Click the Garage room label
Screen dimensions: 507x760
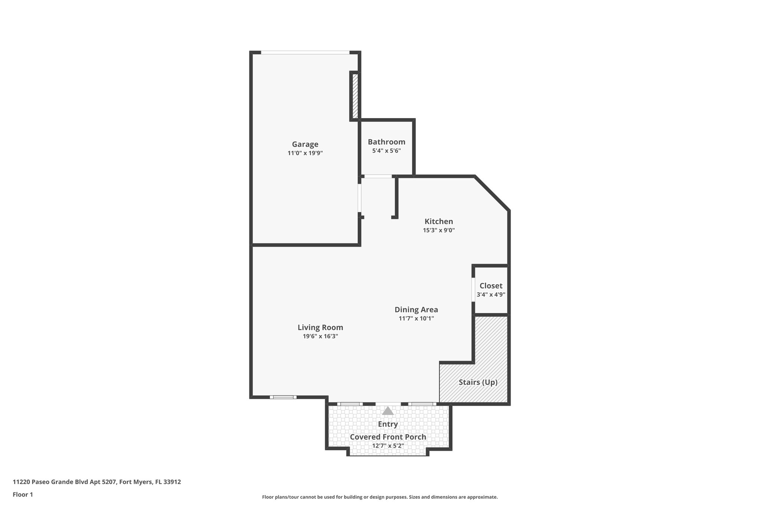point(305,144)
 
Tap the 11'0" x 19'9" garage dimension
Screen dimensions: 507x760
point(305,153)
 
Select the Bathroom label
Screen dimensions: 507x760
point(386,142)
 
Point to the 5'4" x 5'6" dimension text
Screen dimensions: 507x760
point(386,151)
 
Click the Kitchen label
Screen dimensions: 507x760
point(439,221)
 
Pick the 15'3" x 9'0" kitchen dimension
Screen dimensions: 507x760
point(439,230)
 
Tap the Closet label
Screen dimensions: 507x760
point(491,286)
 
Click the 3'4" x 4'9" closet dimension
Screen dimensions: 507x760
point(491,295)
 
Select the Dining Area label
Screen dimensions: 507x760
point(416,309)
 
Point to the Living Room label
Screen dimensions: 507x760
point(320,328)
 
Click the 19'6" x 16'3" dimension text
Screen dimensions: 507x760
point(320,337)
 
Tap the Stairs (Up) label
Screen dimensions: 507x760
point(478,382)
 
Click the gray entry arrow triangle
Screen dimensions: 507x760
point(388,411)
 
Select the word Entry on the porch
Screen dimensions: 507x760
point(388,424)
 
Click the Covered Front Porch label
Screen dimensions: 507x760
point(388,437)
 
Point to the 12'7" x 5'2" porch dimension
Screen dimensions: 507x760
point(388,446)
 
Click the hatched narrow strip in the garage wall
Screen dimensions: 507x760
point(355,96)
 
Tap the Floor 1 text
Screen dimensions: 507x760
point(23,495)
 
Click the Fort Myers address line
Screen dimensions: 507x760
point(97,482)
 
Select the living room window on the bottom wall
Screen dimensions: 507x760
point(283,397)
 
